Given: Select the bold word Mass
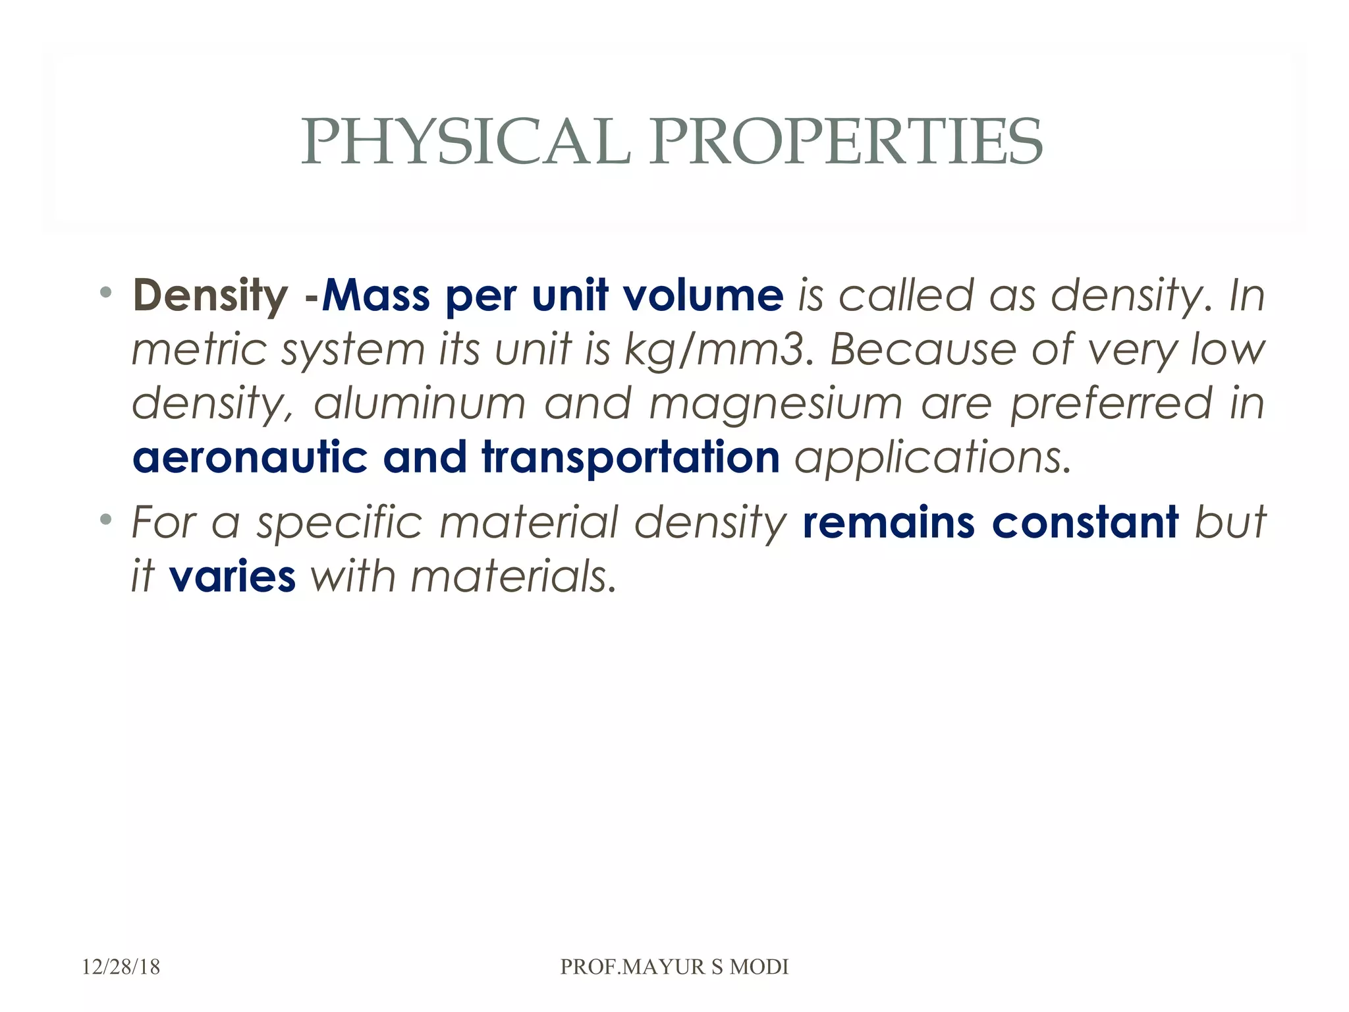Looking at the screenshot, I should (x=376, y=296).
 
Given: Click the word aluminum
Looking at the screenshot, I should (x=420, y=403).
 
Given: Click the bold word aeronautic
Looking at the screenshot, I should (x=250, y=457).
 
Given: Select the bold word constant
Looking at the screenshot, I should (x=1085, y=522).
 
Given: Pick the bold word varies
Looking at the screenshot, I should (x=233, y=576).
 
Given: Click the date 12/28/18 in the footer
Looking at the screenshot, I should (x=121, y=967).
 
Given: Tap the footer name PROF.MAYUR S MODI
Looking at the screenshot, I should (x=674, y=967).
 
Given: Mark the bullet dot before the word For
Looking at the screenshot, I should (x=105, y=519).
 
